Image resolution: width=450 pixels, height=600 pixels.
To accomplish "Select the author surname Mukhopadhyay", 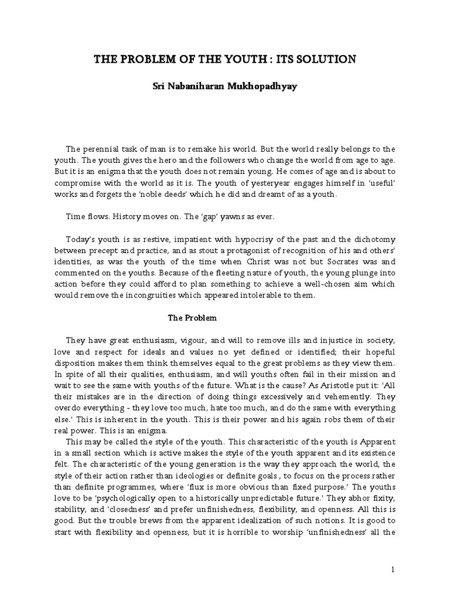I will click(262, 86).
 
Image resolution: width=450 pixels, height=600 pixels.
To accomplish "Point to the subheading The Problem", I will click(192, 318).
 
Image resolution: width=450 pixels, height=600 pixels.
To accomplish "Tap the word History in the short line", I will click(128, 217).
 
